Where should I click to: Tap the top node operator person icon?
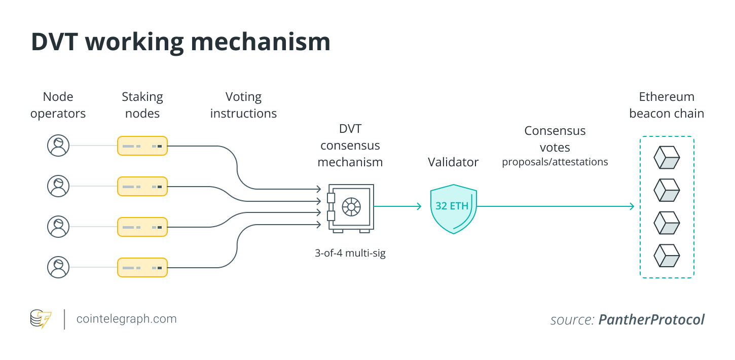pos(58,146)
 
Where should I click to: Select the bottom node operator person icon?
pos(58,267)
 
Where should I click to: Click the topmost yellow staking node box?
pos(142,146)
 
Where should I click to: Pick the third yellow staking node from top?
pos(142,227)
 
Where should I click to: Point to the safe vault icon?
pos(350,208)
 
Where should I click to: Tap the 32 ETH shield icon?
pos(453,208)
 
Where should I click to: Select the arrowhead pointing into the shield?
pos(419,206)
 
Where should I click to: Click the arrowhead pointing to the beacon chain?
pos(631,206)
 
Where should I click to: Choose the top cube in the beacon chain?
pos(667,157)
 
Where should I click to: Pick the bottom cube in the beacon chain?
pos(667,256)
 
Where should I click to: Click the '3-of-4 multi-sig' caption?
pos(350,253)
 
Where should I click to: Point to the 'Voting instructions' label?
pos(243,105)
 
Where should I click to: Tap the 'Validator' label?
pos(453,162)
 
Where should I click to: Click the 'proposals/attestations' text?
pos(555,162)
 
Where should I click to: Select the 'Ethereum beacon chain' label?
pos(667,105)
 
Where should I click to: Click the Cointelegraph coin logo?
pos(41,319)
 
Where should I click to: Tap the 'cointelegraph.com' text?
pos(126,319)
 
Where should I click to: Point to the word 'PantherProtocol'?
pos(651,320)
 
